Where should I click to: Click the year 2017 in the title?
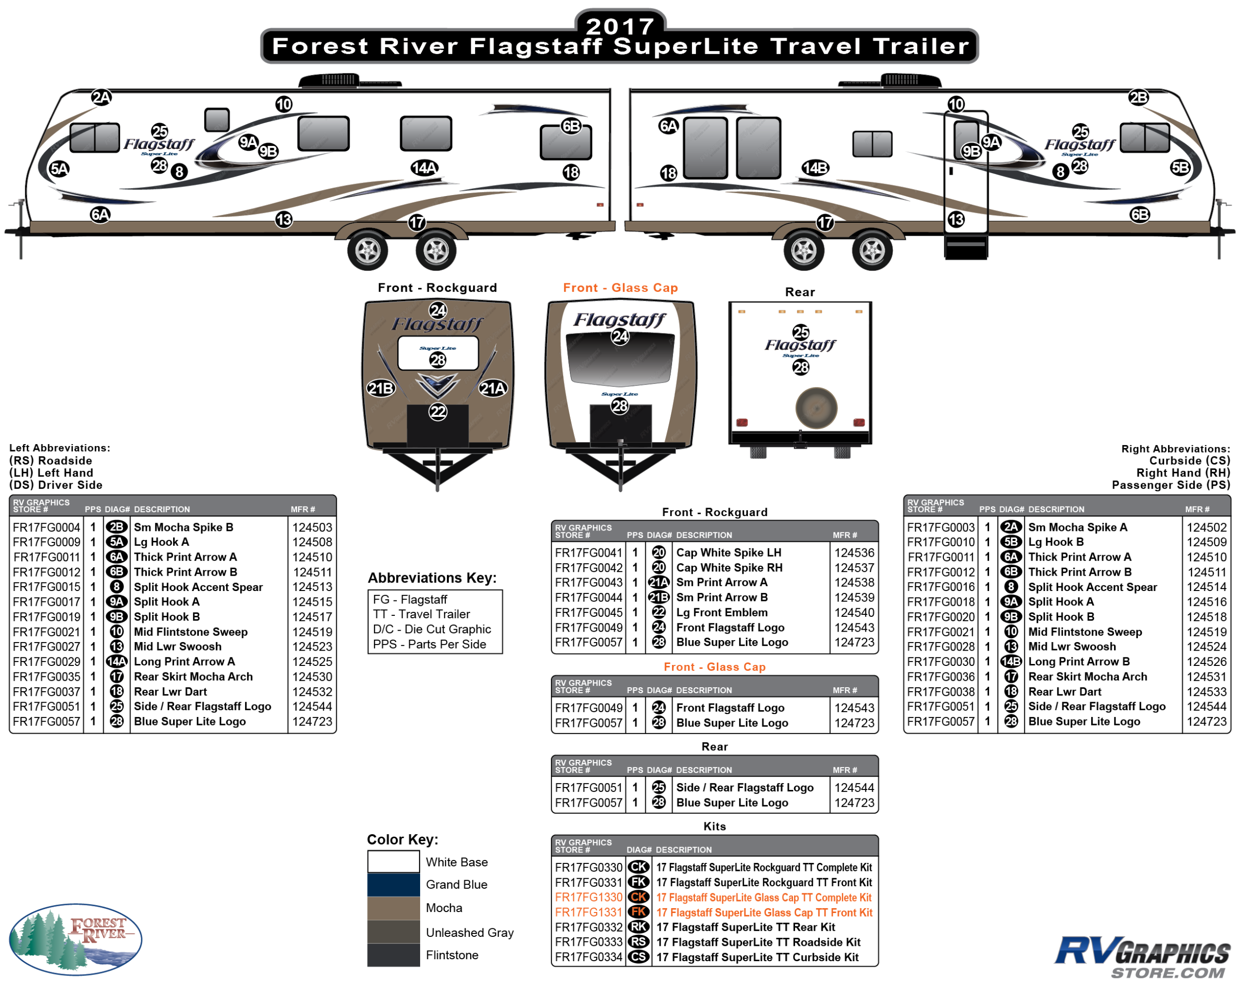620,26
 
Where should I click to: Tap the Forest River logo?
75,938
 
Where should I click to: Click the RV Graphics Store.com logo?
1142,956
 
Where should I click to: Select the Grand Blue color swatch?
393,884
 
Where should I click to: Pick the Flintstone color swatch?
393,955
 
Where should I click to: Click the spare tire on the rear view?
816,408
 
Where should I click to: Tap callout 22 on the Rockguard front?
437,411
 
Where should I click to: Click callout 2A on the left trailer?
101,97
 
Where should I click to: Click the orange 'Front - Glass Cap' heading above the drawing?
620,288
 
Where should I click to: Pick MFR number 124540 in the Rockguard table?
854,612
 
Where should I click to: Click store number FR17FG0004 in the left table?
47,527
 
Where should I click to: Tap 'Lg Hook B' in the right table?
1055,542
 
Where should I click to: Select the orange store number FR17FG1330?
588,897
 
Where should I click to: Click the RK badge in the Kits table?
638,927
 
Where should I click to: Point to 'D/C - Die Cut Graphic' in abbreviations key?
432,629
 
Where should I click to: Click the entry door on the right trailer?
966,173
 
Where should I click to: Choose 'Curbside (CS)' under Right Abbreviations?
1189,460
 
